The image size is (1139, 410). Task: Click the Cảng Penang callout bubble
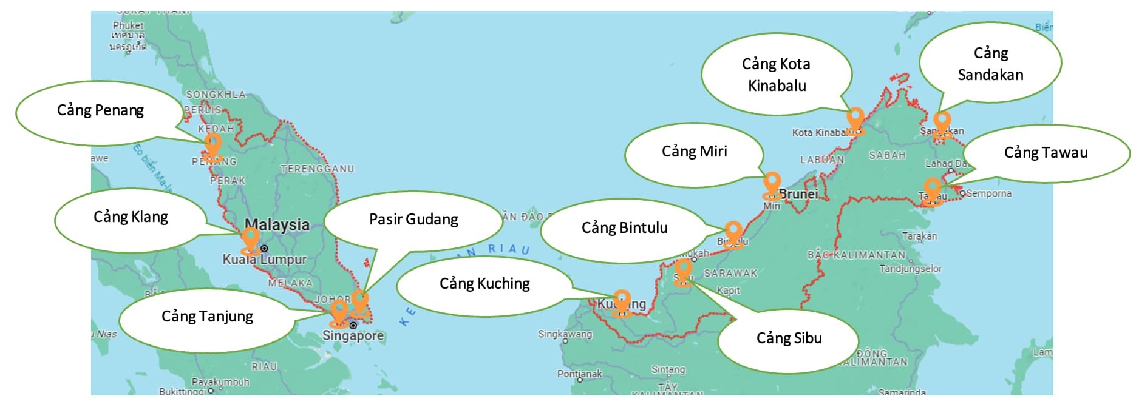[100, 111]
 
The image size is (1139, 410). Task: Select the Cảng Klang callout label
[131, 218]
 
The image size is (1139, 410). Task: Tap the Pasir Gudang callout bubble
[413, 220]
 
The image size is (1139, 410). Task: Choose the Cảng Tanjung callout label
[207, 317]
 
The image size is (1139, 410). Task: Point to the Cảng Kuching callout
[484, 284]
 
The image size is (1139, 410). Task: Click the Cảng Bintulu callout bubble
[624, 229]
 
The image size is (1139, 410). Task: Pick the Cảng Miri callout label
[694, 152]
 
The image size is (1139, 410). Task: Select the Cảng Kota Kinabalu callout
[777, 75]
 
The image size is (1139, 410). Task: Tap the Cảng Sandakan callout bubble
[990, 64]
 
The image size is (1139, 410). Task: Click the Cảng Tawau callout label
[1045, 153]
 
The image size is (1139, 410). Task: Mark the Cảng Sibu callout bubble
[789, 338]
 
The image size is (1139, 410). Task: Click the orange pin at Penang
[213, 146]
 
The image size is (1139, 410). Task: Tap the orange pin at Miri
[772, 184]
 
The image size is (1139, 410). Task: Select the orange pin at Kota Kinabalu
[855, 119]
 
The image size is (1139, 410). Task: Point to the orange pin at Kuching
[622, 302]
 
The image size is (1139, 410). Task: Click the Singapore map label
[353, 336]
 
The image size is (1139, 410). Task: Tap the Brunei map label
[798, 194]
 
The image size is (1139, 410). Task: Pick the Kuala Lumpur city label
[264, 260]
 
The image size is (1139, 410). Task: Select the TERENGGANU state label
[317, 169]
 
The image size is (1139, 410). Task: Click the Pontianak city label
[579, 374]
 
